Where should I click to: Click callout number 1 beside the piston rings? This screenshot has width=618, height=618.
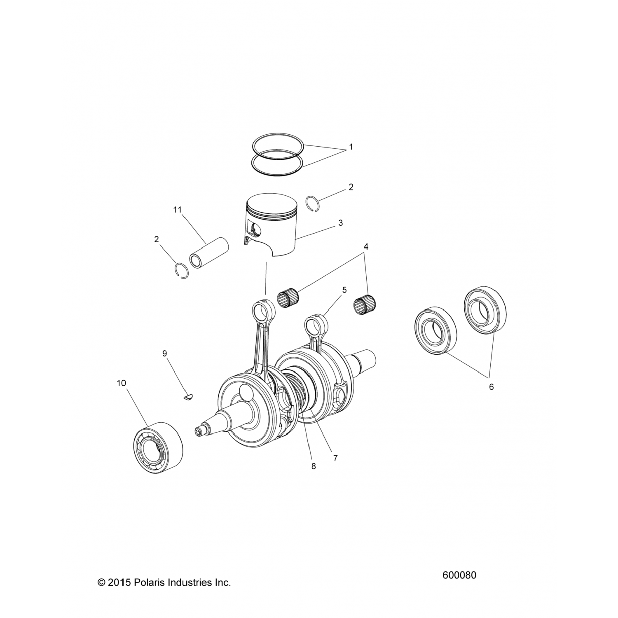[351, 147]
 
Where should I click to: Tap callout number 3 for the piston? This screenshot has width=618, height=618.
[340, 223]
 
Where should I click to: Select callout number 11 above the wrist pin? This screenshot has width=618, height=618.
[177, 210]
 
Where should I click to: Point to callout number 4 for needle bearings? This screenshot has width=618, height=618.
[366, 247]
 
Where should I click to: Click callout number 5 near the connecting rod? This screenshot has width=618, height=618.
[344, 290]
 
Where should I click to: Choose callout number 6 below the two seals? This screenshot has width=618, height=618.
[491, 387]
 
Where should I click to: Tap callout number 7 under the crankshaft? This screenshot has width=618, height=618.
[335, 458]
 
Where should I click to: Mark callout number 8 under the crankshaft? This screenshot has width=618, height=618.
[314, 466]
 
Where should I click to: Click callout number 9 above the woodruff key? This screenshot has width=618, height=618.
[165, 353]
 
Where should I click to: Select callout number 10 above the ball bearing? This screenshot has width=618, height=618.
[122, 383]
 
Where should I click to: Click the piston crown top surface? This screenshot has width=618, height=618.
[272, 204]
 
